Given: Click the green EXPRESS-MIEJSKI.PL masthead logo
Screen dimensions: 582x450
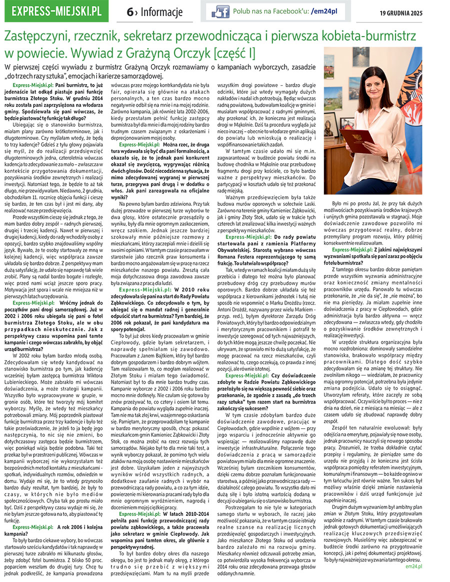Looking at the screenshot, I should [54, 11].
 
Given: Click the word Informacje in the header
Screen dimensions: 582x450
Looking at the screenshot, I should [161, 12].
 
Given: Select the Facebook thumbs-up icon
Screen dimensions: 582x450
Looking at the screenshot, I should [220, 11].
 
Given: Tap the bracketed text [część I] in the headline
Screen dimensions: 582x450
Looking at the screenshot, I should [233, 52].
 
